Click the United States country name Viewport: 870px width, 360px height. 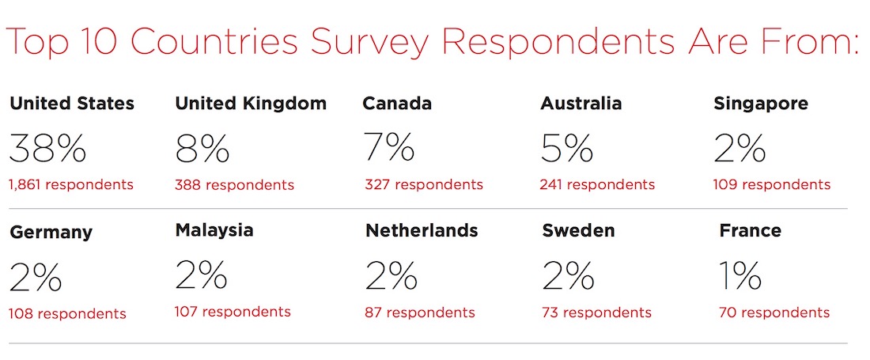(x=71, y=104)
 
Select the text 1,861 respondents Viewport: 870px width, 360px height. (x=70, y=185)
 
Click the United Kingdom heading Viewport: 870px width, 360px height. (x=251, y=104)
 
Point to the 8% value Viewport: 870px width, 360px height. (x=202, y=147)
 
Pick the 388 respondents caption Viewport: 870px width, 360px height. (x=234, y=185)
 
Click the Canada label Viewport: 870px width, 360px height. (x=397, y=104)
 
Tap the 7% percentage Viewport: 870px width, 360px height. (x=389, y=147)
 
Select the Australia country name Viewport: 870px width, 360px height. (x=581, y=104)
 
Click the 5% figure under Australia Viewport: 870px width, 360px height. (x=567, y=147)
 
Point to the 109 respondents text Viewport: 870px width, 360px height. (x=772, y=185)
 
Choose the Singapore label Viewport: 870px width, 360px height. (x=761, y=104)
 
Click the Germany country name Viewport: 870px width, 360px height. (x=51, y=233)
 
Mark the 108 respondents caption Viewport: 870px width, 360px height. (x=67, y=314)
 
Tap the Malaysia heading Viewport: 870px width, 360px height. (x=214, y=230)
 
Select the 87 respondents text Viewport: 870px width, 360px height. (x=420, y=313)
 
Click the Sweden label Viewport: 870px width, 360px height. (x=579, y=231)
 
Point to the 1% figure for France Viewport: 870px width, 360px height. (x=740, y=275)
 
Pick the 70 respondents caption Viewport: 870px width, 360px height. (x=774, y=313)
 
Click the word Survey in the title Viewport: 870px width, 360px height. (x=354, y=42)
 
